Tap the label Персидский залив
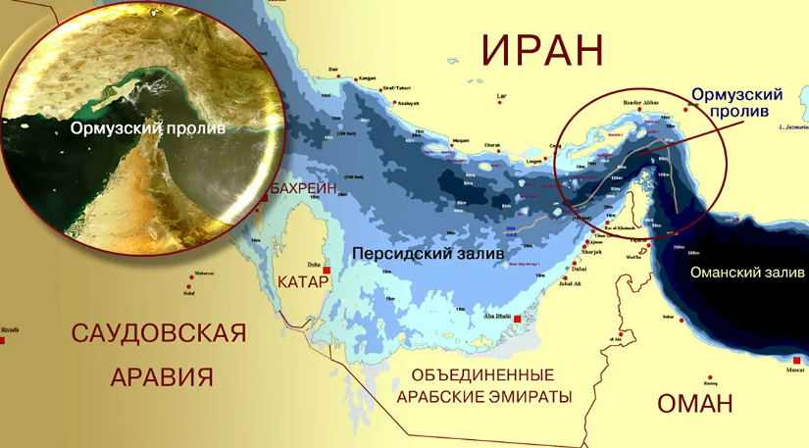[428, 253]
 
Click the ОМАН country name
[694, 403]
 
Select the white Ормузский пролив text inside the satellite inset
[148, 128]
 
